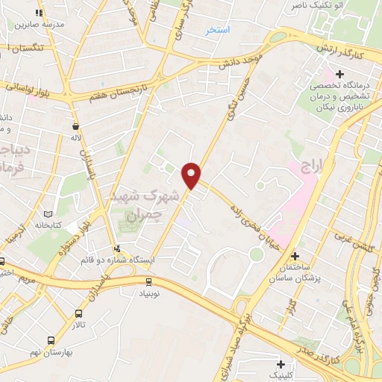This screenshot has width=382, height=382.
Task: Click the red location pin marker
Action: pyautogui.click(x=192, y=175)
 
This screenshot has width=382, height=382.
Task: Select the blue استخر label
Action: pyautogui.click(x=219, y=30)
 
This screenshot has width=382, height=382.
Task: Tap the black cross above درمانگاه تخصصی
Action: pyautogui.click(x=340, y=74)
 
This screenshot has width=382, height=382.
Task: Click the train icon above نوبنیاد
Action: pyautogui.click(x=148, y=281)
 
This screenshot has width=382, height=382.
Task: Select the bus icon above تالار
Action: pyautogui.click(x=79, y=313)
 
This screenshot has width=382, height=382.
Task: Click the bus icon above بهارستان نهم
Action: pyautogui.click(x=50, y=339)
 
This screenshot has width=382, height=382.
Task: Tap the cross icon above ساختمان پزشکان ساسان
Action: pyautogui.click(x=295, y=256)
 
